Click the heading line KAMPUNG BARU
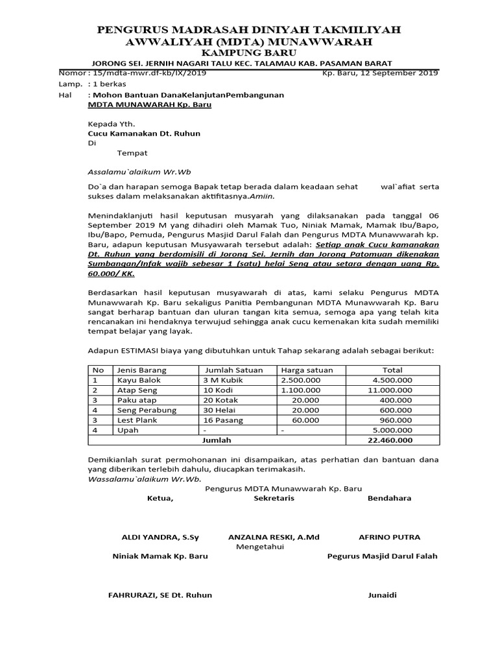[x=248, y=52]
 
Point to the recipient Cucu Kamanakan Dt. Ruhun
[x=144, y=134]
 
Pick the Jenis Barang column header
[x=141, y=370]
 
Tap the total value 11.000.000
[x=390, y=390]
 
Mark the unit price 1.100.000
[x=300, y=390]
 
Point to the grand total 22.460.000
[x=390, y=440]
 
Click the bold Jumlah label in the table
[x=217, y=440]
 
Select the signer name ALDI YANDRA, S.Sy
[x=161, y=537]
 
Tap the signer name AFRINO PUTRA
[x=389, y=537]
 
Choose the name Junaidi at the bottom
[x=383, y=595]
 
